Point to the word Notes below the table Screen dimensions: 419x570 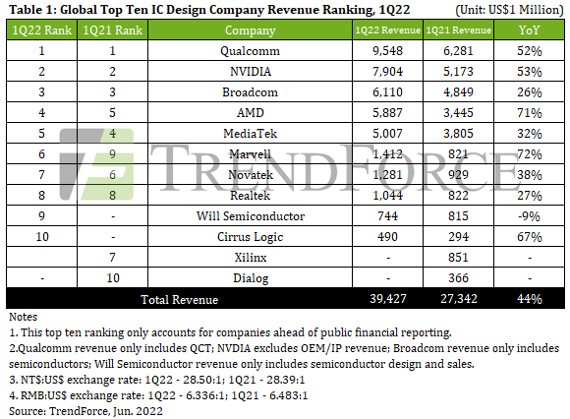click(24, 318)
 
